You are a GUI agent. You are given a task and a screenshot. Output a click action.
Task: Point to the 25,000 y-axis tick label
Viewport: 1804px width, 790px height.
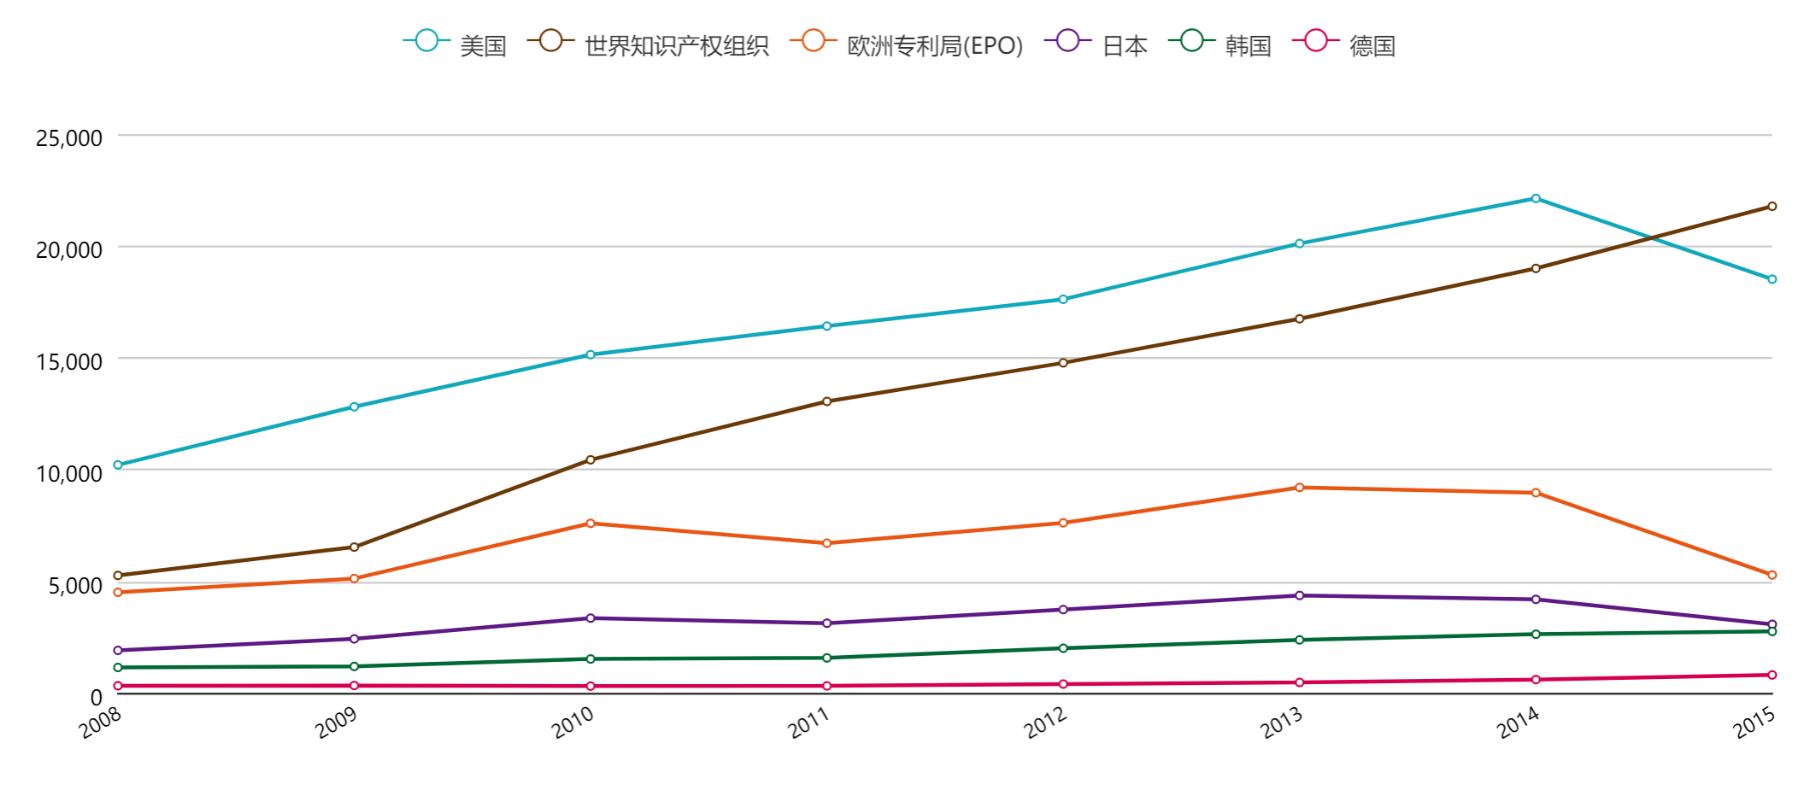(69, 138)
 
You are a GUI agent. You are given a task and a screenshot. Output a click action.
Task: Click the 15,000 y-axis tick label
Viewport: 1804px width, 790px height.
(69, 361)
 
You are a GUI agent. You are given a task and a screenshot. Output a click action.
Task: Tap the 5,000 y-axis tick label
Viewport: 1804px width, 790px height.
(75, 586)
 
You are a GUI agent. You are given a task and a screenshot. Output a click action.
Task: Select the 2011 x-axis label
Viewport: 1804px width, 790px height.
(808, 723)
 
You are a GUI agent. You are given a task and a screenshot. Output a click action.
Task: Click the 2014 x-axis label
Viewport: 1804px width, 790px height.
(1518, 723)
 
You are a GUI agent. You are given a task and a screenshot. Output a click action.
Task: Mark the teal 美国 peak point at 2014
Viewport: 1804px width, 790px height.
(1536, 199)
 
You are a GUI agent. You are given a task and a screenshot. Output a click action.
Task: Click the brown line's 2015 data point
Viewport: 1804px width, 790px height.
(1772, 207)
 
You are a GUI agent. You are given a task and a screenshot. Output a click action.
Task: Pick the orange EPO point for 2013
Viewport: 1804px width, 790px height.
(1299, 488)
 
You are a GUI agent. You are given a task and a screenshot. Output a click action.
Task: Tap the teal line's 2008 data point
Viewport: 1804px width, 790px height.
(118, 465)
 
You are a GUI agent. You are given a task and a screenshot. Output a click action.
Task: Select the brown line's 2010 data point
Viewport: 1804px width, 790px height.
(591, 460)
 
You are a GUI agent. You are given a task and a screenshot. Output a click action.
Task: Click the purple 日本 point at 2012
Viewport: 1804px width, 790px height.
(1063, 610)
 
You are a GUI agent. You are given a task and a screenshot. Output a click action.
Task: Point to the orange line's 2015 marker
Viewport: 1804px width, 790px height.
(1772, 575)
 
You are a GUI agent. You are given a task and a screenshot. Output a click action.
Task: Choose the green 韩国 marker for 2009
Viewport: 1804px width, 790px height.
(354, 666)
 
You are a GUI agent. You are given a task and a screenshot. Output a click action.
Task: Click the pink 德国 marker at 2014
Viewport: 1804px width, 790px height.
(1536, 680)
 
